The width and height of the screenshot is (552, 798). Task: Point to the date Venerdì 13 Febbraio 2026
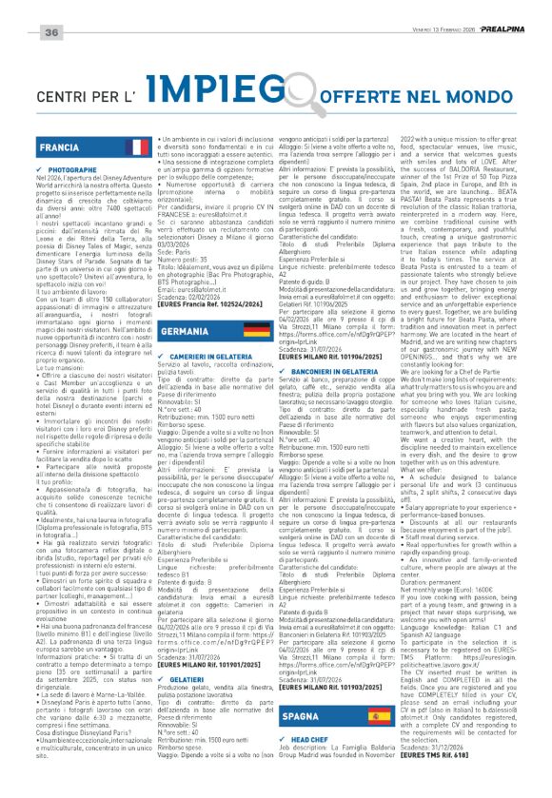(x=439, y=9)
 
